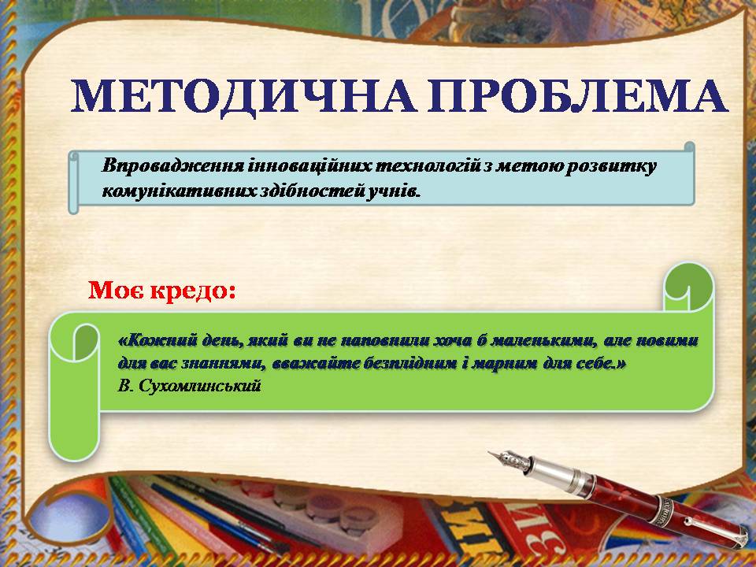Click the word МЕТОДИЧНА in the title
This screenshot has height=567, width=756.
tap(243, 95)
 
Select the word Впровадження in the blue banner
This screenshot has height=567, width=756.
tap(173, 166)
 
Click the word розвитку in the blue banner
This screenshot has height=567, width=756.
tap(611, 167)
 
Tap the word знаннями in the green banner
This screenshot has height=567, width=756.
tap(223, 364)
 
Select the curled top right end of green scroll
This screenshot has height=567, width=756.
tap(688, 287)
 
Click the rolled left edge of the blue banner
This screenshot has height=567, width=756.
tap(74, 182)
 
